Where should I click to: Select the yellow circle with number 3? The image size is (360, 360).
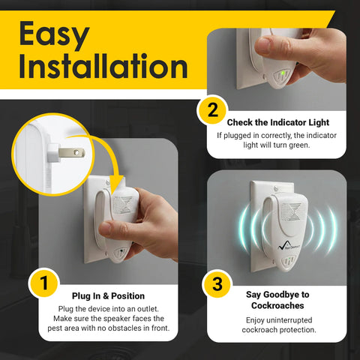212,284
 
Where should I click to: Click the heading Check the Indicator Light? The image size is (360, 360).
278,122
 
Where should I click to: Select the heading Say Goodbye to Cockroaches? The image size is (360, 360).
278,301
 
